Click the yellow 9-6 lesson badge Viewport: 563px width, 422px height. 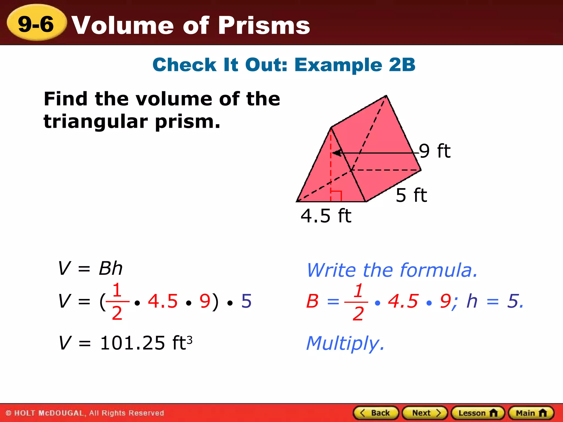[36, 24]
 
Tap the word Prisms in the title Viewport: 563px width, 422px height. [264, 26]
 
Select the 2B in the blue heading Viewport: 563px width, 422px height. [402, 65]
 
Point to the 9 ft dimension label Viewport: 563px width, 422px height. [434, 151]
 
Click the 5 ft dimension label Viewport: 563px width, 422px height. [411, 195]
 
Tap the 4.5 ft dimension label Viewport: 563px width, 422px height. [326, 216]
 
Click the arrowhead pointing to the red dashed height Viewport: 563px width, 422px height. [337, 153]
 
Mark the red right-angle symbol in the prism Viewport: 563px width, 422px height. [336, 196]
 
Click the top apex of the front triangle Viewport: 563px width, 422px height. [331, 128]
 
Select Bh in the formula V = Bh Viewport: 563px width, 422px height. [111, 268]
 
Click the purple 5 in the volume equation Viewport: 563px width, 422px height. [246, 301]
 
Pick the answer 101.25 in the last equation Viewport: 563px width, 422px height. [133, 343]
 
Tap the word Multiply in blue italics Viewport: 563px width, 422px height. [345, 343]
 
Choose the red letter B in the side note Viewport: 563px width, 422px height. [312, 301]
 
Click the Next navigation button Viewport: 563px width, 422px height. [425, 413]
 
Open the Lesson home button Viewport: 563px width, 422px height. [478, 413]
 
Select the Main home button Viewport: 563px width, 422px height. [531, 413]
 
